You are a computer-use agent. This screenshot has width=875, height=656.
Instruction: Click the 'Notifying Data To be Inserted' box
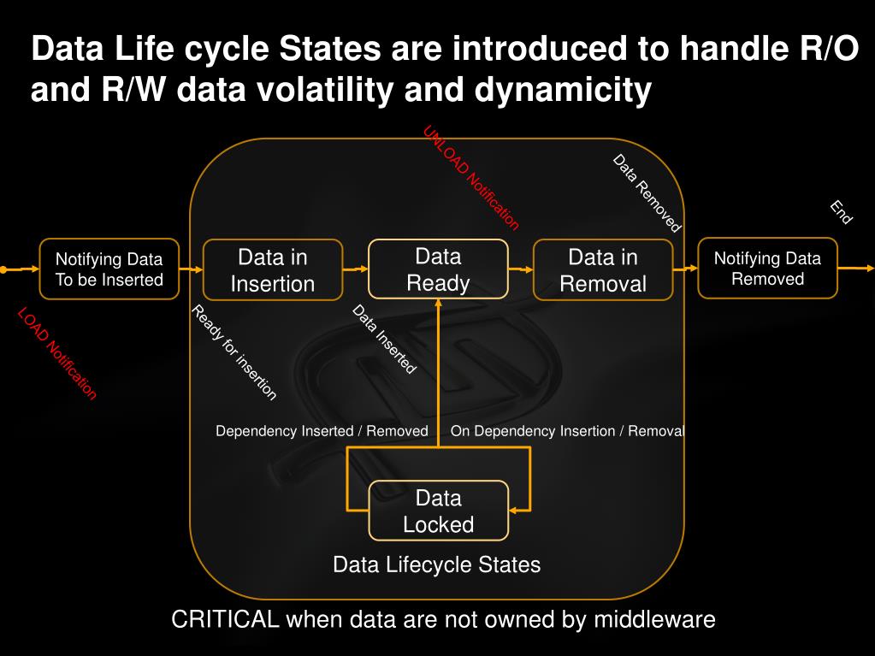point(109,269)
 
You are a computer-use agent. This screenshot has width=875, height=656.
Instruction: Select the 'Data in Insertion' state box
point(273,270)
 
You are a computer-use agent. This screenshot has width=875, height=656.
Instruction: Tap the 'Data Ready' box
point(438,269)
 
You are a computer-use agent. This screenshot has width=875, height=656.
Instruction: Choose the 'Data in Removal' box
point(603,270)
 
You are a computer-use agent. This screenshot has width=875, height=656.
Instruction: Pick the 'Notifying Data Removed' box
point(767,269)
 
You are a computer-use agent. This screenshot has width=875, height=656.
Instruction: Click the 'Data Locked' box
point(438,511)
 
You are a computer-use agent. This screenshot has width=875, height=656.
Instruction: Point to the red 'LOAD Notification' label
point(57,353)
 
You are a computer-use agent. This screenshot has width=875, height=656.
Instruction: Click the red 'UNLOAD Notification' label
point(471,178)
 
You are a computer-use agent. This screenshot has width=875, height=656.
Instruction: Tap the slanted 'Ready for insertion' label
point(234,352)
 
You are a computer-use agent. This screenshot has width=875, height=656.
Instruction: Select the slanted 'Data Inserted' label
point(384,340)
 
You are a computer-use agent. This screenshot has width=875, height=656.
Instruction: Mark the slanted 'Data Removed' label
point(647,193)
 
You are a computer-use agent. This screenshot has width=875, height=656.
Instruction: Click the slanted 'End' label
point(841,212)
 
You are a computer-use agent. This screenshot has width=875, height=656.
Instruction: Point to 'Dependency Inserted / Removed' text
point(322,431)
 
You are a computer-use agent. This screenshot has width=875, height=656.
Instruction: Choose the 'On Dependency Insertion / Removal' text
point(567,431)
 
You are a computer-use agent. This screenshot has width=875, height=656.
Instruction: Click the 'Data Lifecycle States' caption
point(436,564)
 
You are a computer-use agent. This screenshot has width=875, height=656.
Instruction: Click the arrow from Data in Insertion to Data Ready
point(355,269)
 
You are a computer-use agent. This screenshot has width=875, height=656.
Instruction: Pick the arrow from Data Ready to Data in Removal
point(520,269)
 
